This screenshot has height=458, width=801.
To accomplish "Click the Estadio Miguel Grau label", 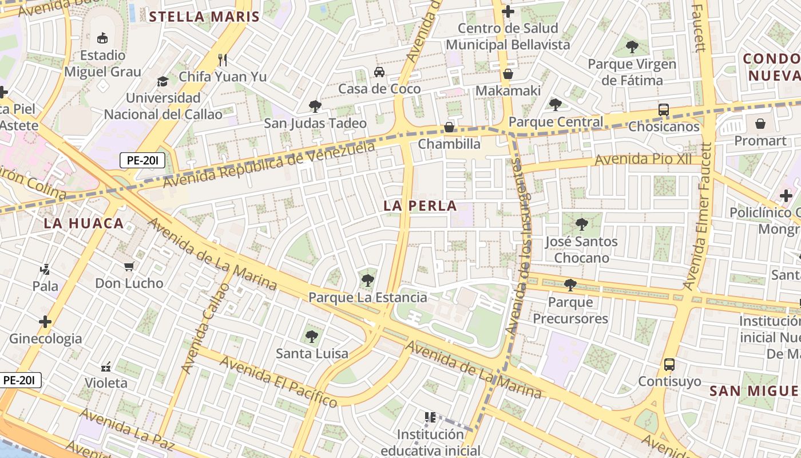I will coord(102,64).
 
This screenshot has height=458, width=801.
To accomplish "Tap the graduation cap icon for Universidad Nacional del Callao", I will coord(163,81).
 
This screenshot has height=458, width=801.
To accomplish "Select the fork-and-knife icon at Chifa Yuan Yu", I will coord(223,60).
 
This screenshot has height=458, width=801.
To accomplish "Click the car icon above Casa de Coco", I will coord(379,72).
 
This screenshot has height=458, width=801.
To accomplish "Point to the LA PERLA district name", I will coord(420,206).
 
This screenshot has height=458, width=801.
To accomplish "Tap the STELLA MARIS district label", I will coord(204,17).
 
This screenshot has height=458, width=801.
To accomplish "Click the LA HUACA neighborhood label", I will coord(84,223).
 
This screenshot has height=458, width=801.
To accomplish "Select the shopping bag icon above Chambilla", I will coord(449,127).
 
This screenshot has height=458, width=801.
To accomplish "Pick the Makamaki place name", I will coord(507,90).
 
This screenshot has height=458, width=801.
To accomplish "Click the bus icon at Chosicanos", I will coord(664,109).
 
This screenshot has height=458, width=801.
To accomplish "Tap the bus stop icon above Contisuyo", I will coord(669,364).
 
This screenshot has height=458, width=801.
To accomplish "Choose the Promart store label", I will coord(760,140).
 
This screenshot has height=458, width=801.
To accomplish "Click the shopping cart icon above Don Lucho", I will coord(129,266).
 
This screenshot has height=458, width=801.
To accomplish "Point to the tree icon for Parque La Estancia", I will coord(367,280).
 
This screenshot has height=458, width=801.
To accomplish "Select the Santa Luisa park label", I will coord(312,353).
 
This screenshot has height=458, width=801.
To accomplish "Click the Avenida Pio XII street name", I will coord(643,160).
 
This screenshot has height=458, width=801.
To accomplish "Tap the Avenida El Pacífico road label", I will coord(278,381).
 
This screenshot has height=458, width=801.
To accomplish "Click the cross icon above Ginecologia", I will coord(45,322).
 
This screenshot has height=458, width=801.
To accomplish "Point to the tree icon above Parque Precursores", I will coord(570,285).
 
